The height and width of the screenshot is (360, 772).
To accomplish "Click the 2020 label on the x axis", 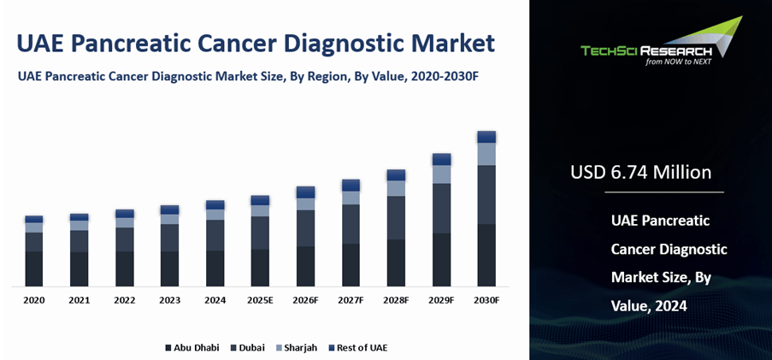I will coord(34,300).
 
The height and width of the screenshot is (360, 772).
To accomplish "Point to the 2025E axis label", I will coord(260,300).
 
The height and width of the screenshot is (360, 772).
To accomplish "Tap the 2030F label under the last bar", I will coord(486,300).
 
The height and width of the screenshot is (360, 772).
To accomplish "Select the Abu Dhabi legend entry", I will coord(192,347).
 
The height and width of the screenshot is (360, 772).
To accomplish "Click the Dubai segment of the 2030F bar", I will coord(486,194).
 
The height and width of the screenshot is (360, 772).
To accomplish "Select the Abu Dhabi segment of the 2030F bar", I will coord(486,255).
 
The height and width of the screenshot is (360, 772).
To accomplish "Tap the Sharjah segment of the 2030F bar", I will coord(486,154).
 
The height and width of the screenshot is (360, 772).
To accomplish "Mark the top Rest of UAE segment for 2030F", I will coord(486,137).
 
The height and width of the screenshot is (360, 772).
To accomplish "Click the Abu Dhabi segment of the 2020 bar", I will coord(34,269).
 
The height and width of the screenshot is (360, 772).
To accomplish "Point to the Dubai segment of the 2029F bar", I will coord(441,208).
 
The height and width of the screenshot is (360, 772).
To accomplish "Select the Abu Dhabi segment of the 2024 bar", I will coord(215,268).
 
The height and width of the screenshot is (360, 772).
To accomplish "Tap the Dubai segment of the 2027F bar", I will coord(351,224).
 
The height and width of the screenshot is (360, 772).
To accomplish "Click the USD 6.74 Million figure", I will coord(640,173).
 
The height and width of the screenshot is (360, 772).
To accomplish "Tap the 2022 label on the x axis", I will coord(125,300).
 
